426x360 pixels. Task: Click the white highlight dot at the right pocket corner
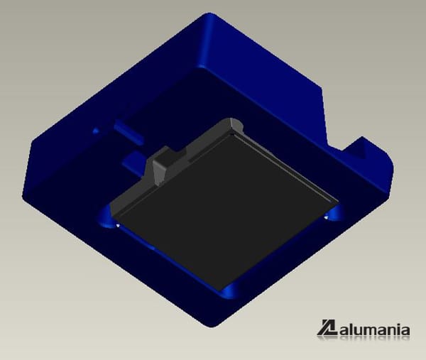326,218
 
